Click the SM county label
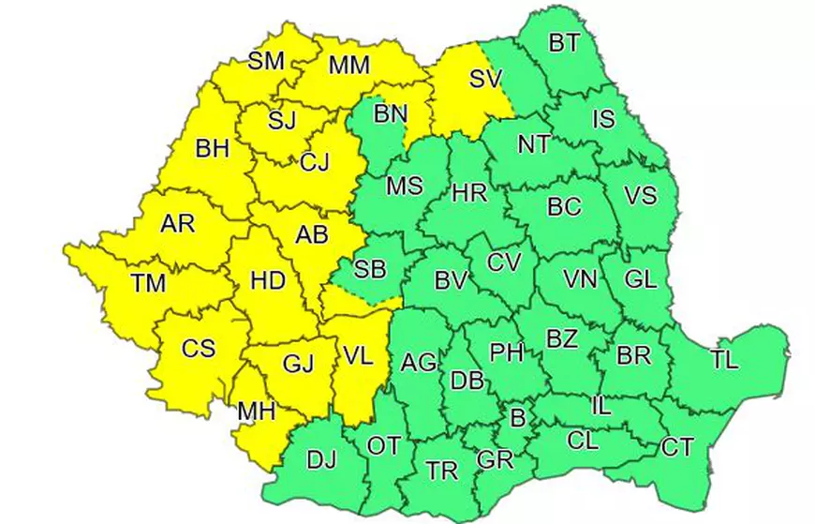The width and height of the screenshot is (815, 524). click(x=266, y=62)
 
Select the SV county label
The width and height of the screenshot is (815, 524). click(x=485, y=79)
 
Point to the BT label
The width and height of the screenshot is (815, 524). click(x=563, y=41)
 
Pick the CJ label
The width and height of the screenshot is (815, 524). click(x=314, y=162)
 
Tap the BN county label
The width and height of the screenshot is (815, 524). click(x=391, y=114)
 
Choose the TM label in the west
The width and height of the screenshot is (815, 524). click(x=147, y=283)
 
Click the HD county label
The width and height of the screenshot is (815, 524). click(x=269, y=281)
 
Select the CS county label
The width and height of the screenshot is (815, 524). click(x=198, y=349)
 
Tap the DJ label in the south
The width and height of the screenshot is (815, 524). click(x=321, y=459)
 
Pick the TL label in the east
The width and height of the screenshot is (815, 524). click(x=724, y=359)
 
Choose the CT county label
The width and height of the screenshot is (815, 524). click(x=677, y=447)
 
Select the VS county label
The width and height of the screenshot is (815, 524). click(x=640, y=196)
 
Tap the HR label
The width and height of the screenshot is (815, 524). click(x=469, y=194)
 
